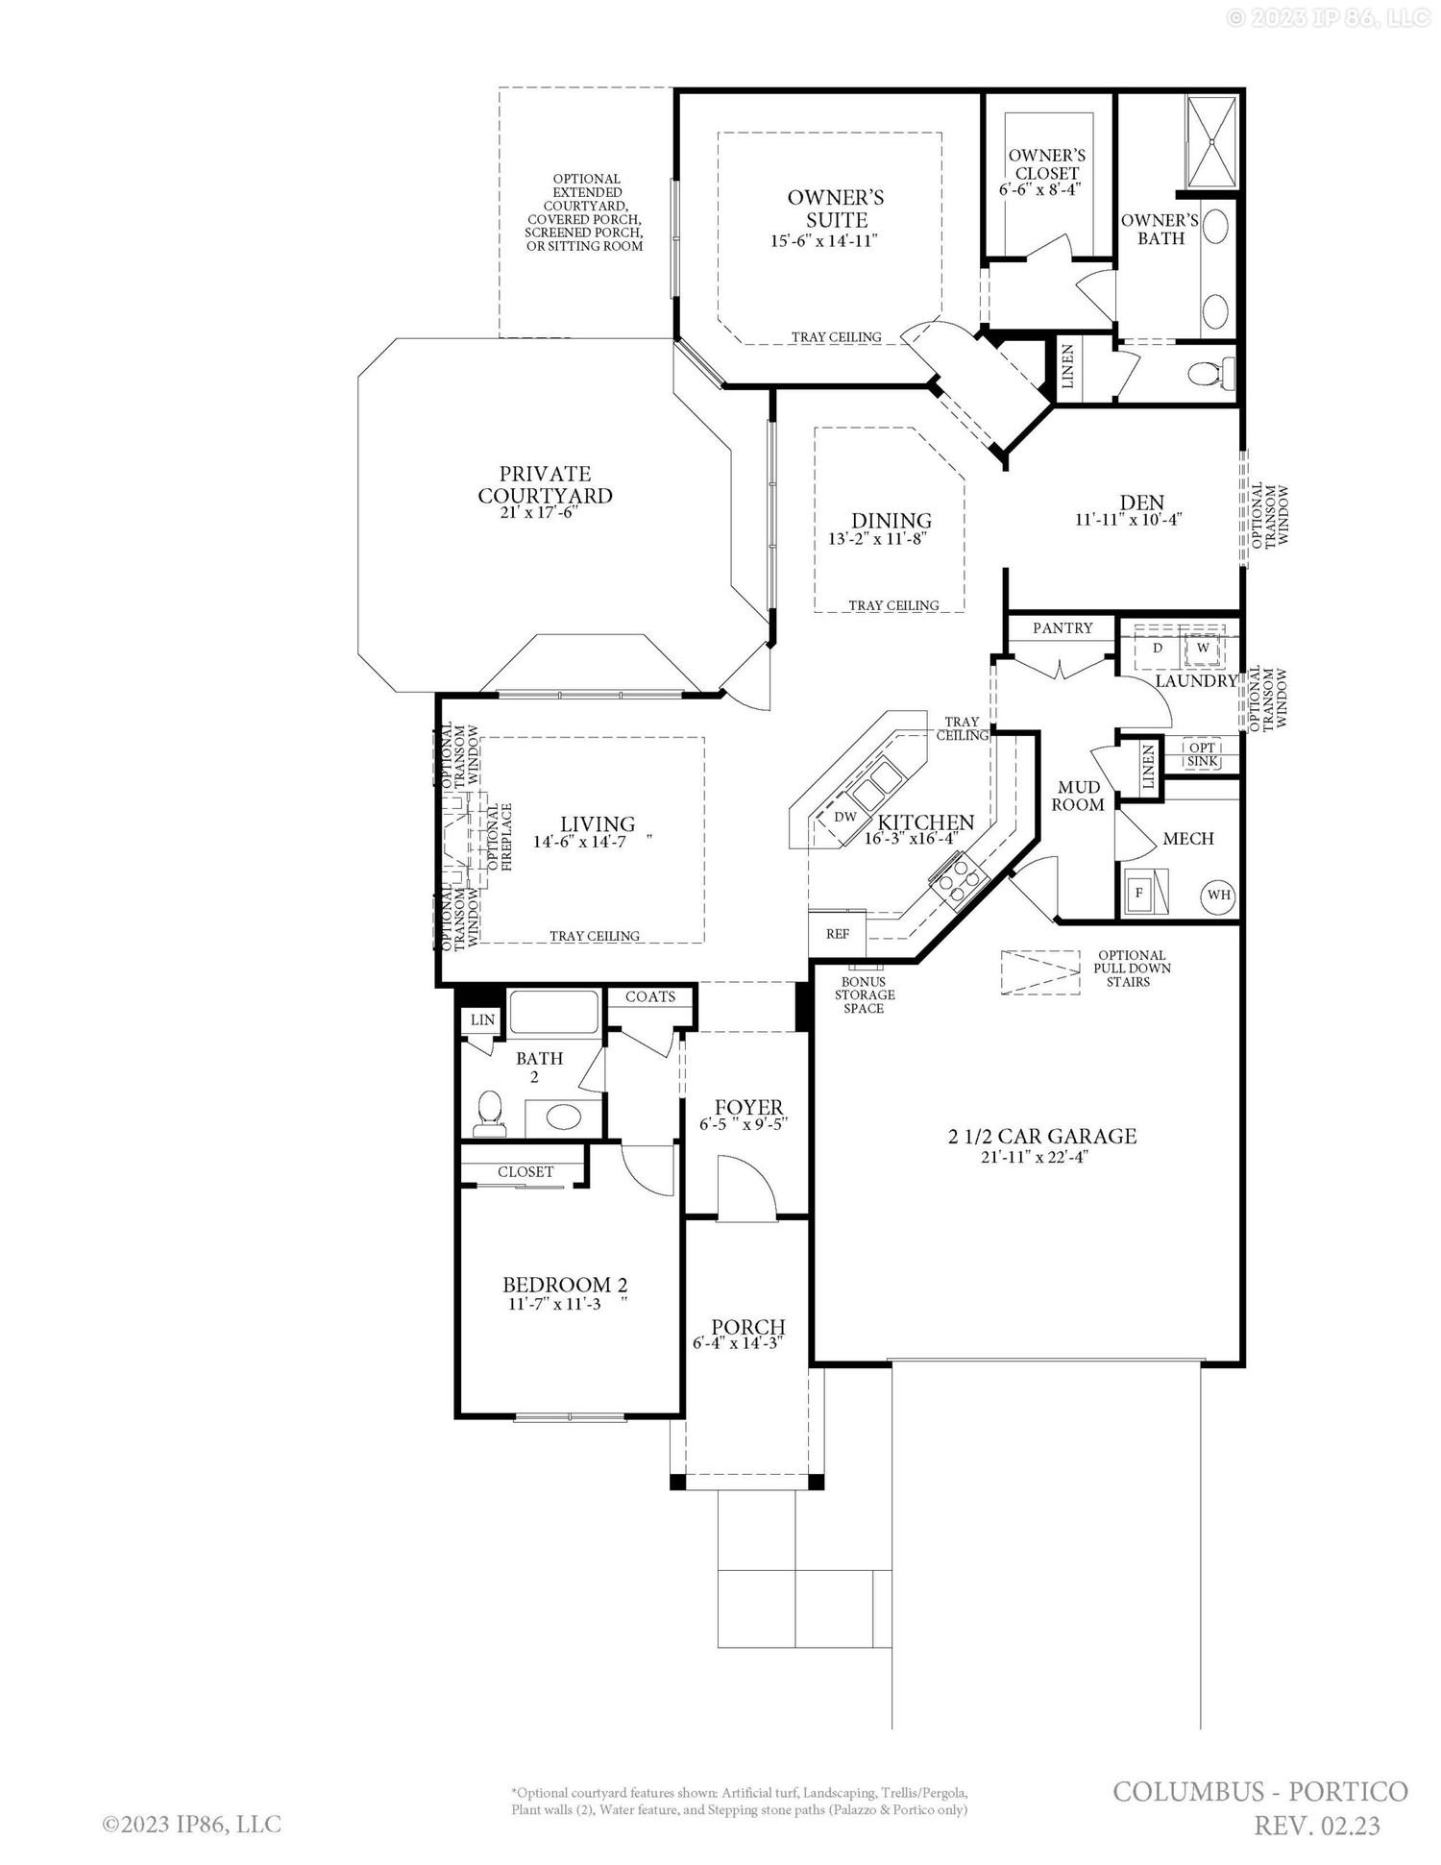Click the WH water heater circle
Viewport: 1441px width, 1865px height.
[x=1218, y=895]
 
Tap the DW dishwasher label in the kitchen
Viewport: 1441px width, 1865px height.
[x=844, y=817]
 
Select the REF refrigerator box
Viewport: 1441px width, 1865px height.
[x=838, y=934]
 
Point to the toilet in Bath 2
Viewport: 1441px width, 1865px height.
[x=491, y=1114]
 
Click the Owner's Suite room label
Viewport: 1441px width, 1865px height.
[x=835, y=209]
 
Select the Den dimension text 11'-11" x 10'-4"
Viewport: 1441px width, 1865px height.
[x=1128, y=520]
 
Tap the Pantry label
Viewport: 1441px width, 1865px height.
[x=1062, y=627]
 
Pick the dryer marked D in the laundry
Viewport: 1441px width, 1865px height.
[x=1158, y=648]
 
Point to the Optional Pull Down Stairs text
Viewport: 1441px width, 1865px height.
[x=1132, y=969]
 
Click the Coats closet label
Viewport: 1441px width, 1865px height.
[x=650, y=996]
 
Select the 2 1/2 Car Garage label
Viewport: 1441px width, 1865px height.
[x=1042, y=1137]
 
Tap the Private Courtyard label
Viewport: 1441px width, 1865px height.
[x=545, y=484]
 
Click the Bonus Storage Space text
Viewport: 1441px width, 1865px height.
[x=864, y=994]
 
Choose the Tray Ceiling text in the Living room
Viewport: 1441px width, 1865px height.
[x=594, y=936]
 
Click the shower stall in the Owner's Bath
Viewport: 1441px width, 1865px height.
[x=1212, y=142]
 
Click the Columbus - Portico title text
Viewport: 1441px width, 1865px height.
[x=1260, y=1792]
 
